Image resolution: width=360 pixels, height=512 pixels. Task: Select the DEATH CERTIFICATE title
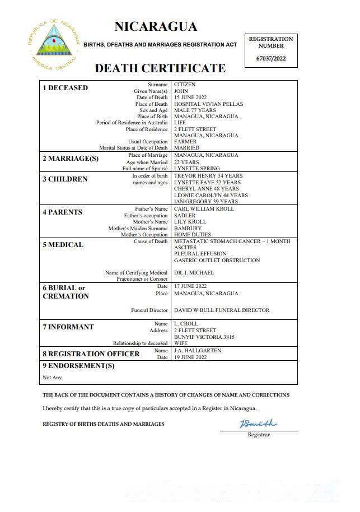160,68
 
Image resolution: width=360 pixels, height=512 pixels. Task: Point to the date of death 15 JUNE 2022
190,97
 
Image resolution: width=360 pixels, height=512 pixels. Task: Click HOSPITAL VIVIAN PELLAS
208,104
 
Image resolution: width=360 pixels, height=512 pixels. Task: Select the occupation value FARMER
185,142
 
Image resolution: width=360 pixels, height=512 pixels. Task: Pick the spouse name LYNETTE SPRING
197,168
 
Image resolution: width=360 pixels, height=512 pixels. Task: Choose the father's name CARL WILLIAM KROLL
204,209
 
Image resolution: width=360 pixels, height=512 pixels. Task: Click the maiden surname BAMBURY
188,229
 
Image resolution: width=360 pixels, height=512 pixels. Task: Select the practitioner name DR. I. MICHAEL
194,273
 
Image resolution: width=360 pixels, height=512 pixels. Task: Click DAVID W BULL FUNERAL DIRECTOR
222,310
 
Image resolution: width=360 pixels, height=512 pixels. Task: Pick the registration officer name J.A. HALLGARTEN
198,351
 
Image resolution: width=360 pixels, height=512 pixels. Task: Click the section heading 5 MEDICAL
63,245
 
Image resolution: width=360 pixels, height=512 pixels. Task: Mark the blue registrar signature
258,423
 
